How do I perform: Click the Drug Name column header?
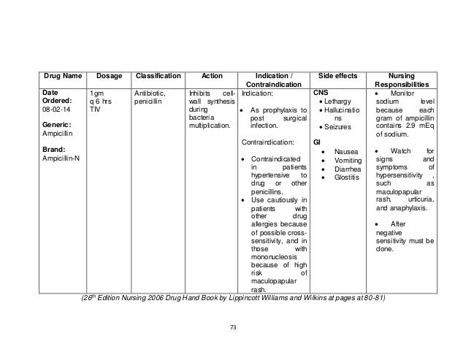pos(50,75)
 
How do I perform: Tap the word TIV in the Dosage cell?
pos(94,110)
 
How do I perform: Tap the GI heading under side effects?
pos(317,141)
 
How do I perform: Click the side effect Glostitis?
pos(346,177)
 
